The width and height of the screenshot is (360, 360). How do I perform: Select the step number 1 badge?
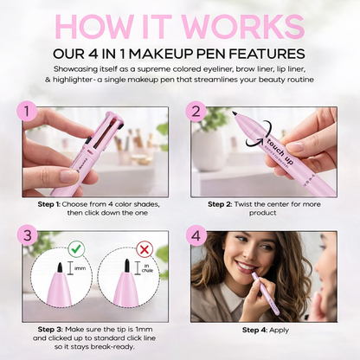pos(30,112)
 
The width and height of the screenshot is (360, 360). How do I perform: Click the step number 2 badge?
pos(196,112)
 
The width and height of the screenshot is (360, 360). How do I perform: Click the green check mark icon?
pos(76,248)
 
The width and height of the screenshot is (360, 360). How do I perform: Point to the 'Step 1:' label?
pos(53,203)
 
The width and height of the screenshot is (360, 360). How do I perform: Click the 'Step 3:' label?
pos(54,330)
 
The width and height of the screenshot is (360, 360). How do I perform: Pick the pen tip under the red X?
pos(126,265)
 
